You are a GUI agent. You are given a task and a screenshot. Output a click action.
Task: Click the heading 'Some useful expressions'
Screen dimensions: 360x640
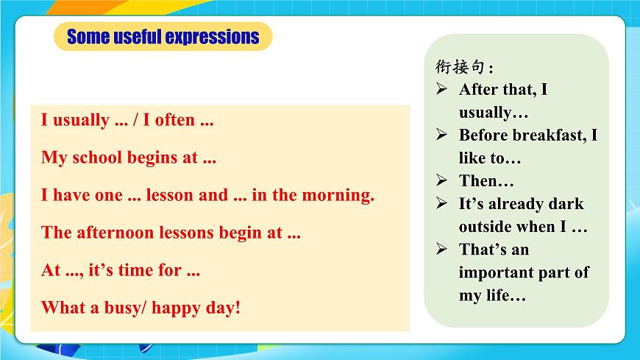pos(163,37)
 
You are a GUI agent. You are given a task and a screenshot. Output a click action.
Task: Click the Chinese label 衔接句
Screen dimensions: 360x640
pos(462,67)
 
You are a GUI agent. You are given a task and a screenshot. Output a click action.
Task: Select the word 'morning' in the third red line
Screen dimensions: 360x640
pos(341,195)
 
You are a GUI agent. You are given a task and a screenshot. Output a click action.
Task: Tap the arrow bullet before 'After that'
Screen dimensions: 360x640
pos(441,89)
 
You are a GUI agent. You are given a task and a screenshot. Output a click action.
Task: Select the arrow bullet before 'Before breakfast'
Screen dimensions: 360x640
pos(441,135)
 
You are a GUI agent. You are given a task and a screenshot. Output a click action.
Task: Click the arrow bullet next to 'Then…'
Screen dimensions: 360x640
pos(441,180)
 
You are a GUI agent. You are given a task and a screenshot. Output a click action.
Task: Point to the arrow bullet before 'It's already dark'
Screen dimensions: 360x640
pos(441,203)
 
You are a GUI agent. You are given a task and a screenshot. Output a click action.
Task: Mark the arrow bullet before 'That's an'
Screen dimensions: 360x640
pos(441,249)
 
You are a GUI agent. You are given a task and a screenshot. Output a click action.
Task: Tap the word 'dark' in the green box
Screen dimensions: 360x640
pos(566,204)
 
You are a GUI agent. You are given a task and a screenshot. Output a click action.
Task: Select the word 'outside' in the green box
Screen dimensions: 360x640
pos(485,227)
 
